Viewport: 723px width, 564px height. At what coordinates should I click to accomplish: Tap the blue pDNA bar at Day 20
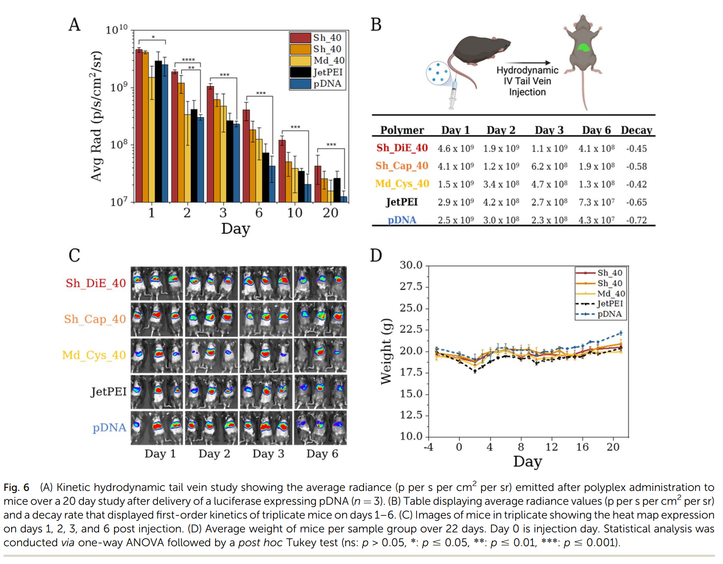coord(344,199)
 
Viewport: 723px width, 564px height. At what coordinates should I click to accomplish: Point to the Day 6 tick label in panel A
coord(259,213)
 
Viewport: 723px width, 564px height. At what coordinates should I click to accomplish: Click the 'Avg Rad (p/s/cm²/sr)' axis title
coord(96,117)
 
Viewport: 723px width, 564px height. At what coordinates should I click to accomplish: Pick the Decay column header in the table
coord(636,130)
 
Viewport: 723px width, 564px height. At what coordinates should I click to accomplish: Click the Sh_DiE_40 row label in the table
coord(402,148)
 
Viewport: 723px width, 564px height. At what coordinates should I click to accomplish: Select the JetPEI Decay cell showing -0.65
coord(636,202)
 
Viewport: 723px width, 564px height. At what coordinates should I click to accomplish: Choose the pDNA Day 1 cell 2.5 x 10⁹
coord(455,220)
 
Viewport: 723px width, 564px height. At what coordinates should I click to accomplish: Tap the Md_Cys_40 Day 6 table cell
coord(596,184)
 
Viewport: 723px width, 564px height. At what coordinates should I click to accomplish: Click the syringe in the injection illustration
coord(453,94)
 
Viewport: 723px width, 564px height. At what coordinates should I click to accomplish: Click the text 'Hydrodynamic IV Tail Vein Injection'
coord(527,81)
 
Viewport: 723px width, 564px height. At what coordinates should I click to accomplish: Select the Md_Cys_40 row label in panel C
coord(94,356)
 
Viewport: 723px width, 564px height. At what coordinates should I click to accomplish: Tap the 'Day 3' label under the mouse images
coord(268,454)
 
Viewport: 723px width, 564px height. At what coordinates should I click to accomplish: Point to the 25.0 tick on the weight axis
coord(411,308)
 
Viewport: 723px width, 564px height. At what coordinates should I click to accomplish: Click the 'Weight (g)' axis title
coord(386,351)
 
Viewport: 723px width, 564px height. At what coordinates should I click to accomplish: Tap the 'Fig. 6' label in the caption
coord(17,487)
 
